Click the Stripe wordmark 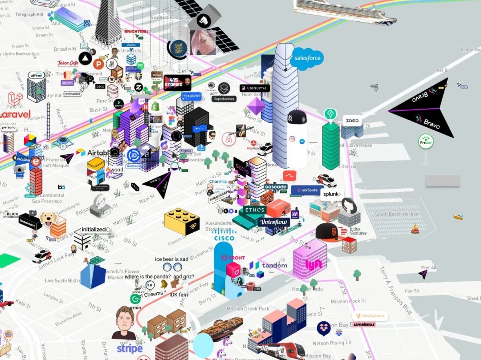coord(130,348)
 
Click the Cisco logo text coord(224,238)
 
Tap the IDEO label coord(352,121)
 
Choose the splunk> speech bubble coord(332,194)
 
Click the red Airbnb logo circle coord(229,139)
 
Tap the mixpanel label coord(192,96)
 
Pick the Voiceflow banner coord(274,222)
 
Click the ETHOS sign coord(255,210)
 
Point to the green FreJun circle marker coord(426,142)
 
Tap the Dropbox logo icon coord(324,328)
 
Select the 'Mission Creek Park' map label coord(248,308)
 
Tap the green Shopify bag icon coord(155,106)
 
